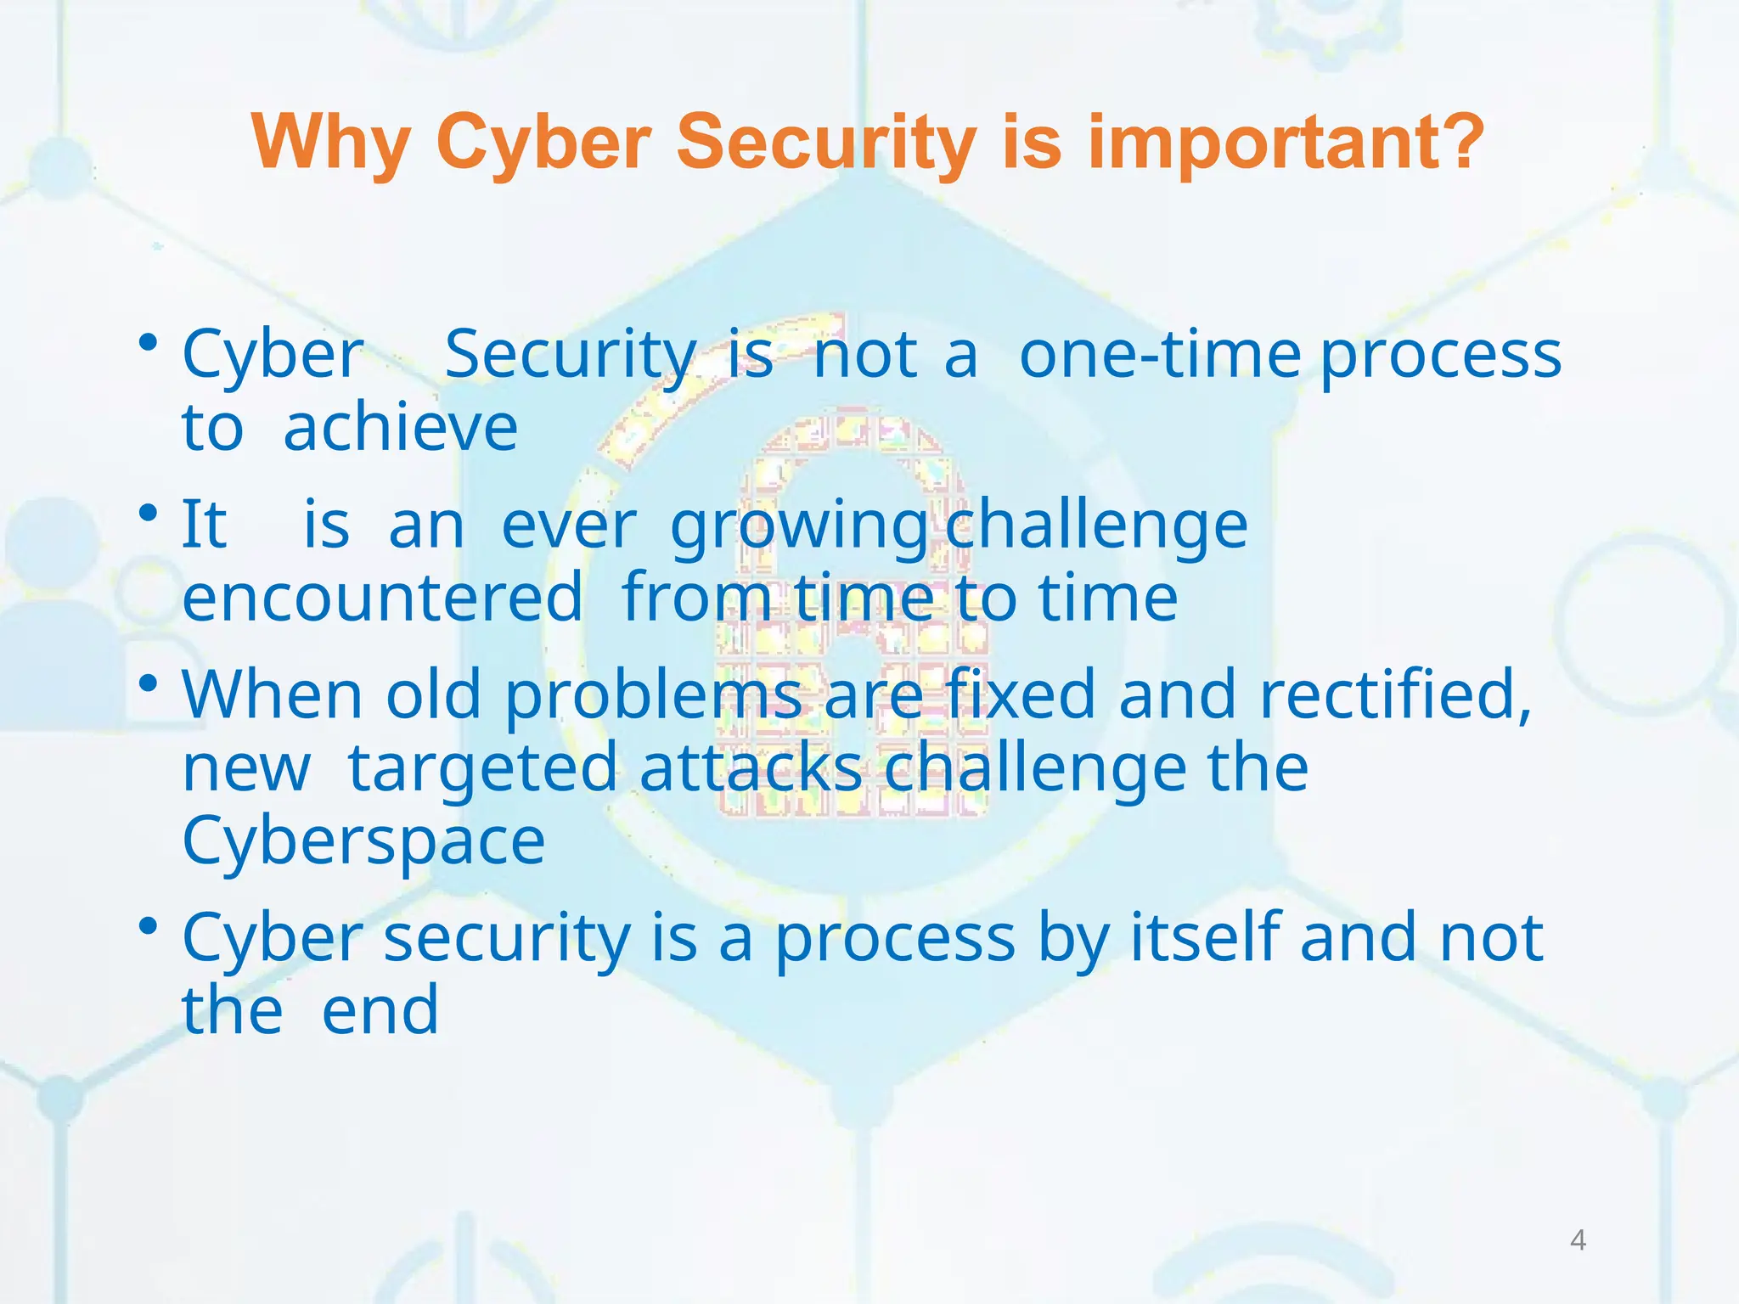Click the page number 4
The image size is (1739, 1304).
click(x=1578, y=1240)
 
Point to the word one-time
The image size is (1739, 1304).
click(x=1159, y=354)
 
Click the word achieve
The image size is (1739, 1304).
click(x=400, y=428)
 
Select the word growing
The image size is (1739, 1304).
click(x=799, y=526)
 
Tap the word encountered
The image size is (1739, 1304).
click(x=383, y=598)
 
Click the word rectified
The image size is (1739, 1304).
click(x=1395, y=694)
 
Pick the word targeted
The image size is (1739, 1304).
click(x=482, y=769)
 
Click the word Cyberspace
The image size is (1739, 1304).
click(x=363, y=841)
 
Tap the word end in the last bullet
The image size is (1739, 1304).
click(x=380, y=1011)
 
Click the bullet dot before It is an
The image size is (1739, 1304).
click(x=149, y=514)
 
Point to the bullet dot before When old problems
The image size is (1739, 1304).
click(x=149, y=683)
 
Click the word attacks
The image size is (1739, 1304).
click(x=751, y=768)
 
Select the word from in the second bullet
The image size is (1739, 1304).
click(x=696, y=598)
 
